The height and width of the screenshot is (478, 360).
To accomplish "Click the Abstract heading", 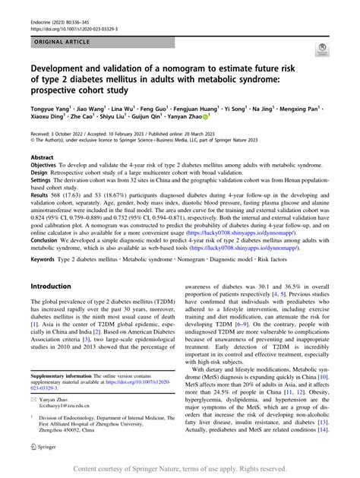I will click(x=42, y=157).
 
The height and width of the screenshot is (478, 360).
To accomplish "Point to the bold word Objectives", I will click(x=43, y=165).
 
